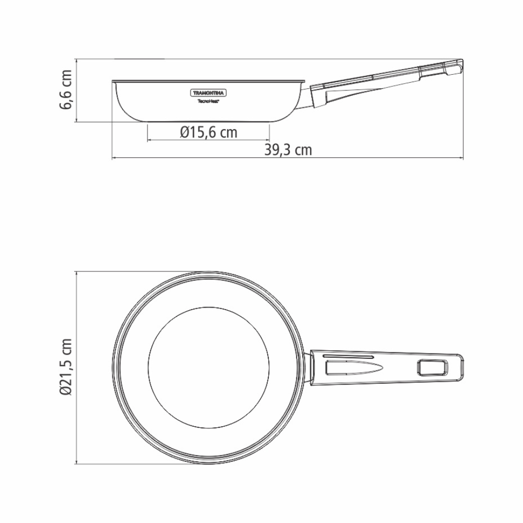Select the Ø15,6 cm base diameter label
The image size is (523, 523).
(208, 133)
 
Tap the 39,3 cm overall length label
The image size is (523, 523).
(288, 151)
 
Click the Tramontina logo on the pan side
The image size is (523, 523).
(208, 93)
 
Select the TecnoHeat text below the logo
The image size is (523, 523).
(208, 101)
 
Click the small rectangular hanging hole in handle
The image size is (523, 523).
(433, 368)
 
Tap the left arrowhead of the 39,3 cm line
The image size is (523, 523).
(113, 158)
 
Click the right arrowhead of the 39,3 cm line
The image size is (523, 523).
(463, 158)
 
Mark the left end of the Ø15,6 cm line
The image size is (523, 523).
(147, 140)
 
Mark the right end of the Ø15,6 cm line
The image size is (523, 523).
(270, 140)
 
